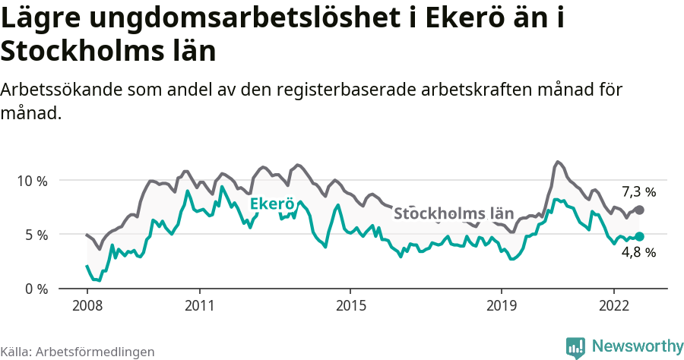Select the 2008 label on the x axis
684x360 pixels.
coord(87,305)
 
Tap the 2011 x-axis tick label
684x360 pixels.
coord(199,305)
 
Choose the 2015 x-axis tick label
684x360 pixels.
coord(350,305)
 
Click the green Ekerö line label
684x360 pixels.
coord(271,204)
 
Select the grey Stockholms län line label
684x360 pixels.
coord(454,213)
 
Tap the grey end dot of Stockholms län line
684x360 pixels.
coord(639,210)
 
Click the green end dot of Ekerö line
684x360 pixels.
coord(639,237)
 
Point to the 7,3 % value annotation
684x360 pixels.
coord(638,191)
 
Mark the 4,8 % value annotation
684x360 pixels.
coord(638,253)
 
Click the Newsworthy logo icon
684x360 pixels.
coord(575,346)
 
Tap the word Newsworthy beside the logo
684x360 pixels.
coord(638,346)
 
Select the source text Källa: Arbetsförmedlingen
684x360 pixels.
coord(78,352)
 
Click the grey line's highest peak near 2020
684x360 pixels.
coord(558,162)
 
